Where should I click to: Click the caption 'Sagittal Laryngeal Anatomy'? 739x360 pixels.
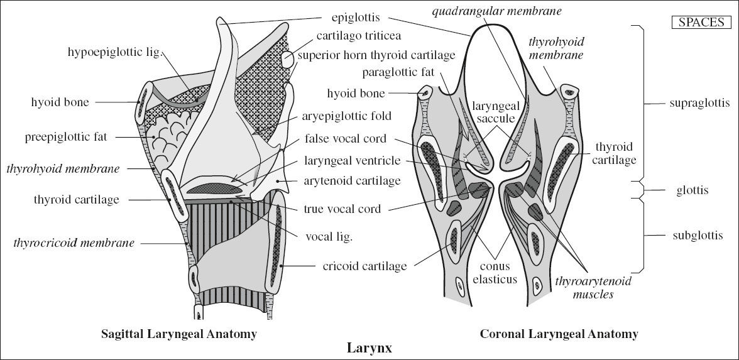click(x=179, y=334)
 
